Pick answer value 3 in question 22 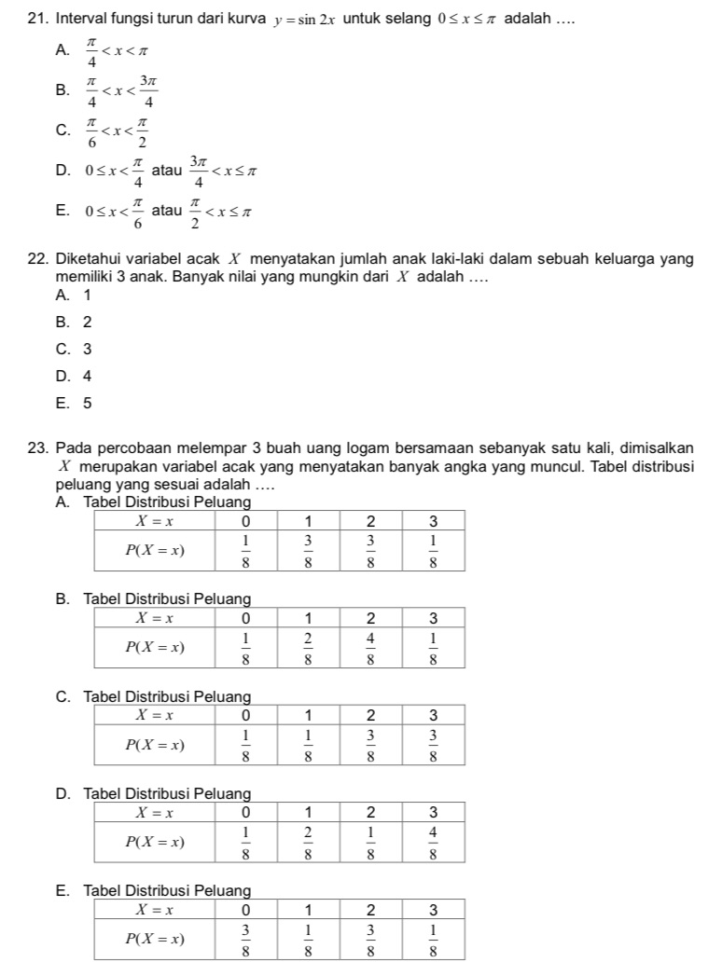click(87, 350)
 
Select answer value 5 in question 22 click(87, 404)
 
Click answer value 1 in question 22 click(87, 296)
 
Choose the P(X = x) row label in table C click(154, 744)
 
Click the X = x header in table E click(154, 909)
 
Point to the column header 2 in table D click(372, 811)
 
